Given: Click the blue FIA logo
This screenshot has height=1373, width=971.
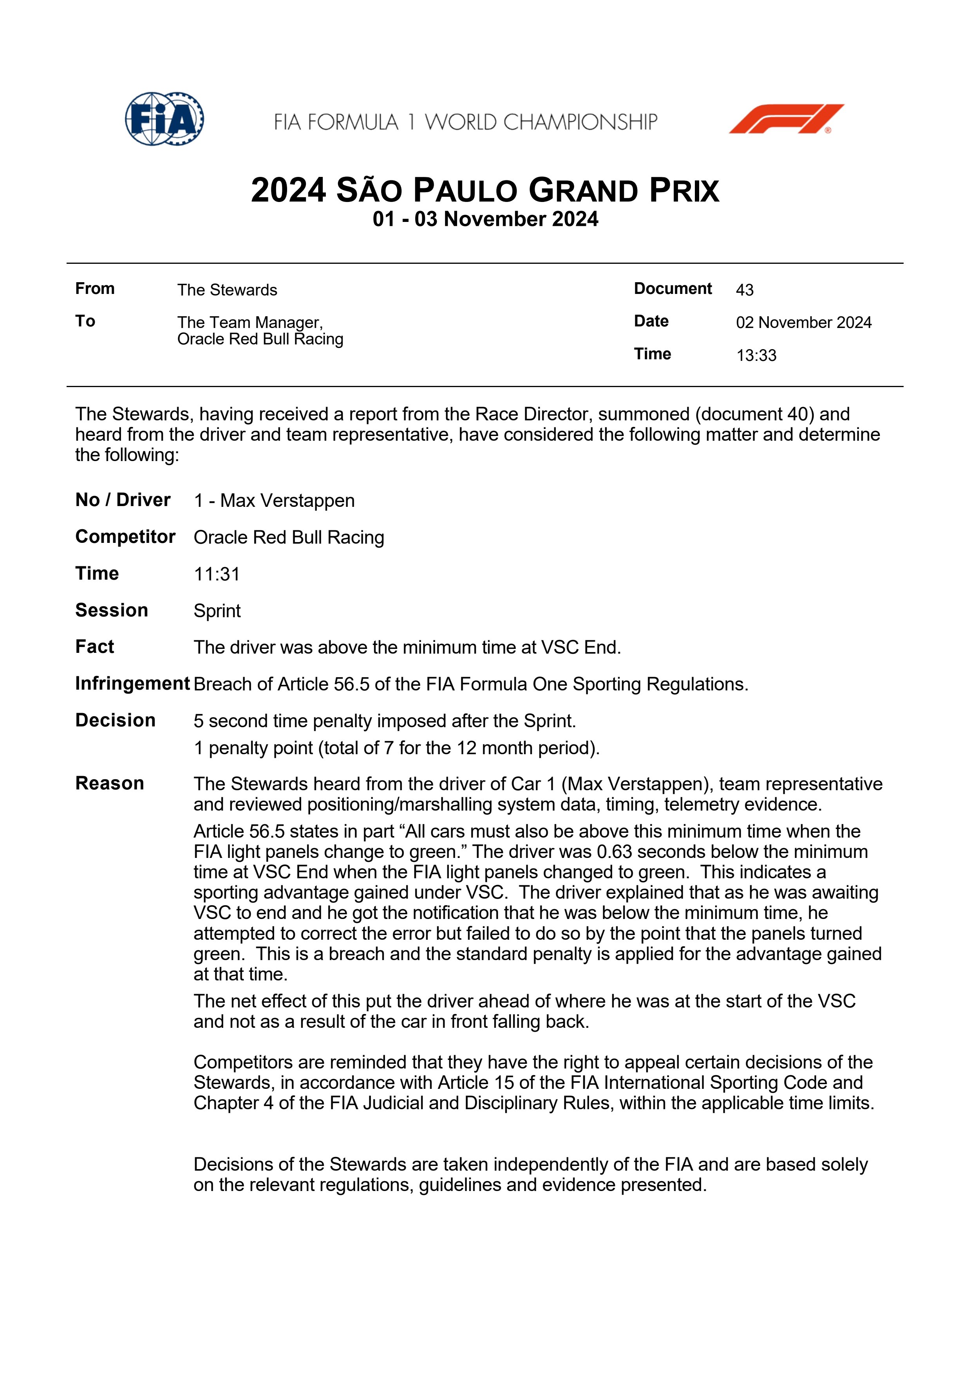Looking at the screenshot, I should point(164,119).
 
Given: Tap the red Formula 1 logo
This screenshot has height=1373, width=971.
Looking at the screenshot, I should point(786,119).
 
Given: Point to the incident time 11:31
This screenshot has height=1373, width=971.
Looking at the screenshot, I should point(217,574).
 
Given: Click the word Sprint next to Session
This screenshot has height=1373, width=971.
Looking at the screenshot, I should point(217,611).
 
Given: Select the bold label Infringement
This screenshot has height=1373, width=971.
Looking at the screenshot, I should point(132,683).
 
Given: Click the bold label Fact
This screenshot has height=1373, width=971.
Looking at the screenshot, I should point(94,647).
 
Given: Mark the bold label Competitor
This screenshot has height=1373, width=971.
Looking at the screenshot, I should point(125,537).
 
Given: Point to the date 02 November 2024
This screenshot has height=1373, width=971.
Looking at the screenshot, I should point(803,323).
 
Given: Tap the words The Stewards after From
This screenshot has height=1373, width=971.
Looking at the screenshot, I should point(227,290).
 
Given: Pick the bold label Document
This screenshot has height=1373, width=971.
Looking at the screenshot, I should point(673,289).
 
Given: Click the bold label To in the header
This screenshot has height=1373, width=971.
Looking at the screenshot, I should point(85,321).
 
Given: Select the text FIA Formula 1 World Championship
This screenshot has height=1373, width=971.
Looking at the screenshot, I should point(465,122).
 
